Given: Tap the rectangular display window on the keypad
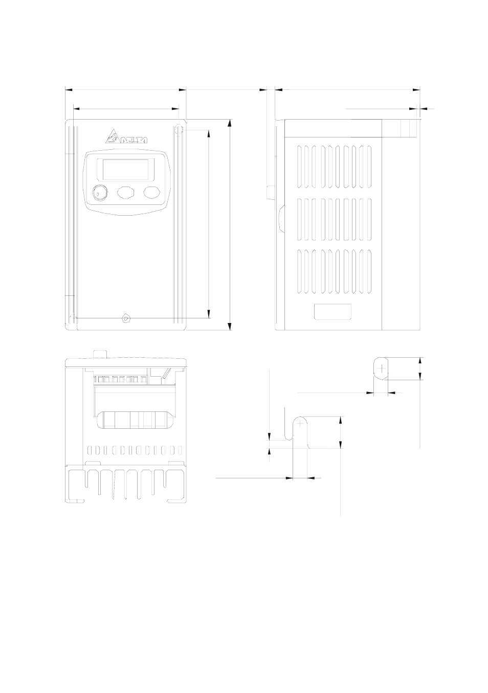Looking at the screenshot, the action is [126, 169].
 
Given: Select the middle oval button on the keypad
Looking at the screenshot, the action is [125, 193].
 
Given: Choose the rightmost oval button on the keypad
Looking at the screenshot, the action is [151, 192].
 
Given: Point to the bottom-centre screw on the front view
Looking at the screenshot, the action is [126, 318].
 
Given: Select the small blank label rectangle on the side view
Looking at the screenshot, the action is [332, 312].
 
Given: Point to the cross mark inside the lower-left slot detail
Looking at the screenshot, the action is [300, 422].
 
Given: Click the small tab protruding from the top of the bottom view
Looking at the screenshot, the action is [100, 354].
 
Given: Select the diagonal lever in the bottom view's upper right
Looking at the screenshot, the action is [168, 374].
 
